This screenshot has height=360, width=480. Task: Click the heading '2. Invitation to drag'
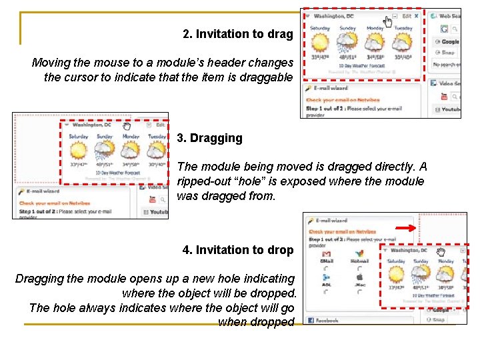pos(237,34)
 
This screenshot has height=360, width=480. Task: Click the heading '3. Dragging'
pos(209,138)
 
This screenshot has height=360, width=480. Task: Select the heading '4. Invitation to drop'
pos(237,250)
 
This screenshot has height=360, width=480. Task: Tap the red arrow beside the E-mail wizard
pos(406,227)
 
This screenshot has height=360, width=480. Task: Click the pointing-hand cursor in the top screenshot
pos(388,22)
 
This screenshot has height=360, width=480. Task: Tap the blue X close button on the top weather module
pos(417,16)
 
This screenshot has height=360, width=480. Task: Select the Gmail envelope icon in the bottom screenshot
pos(327,254)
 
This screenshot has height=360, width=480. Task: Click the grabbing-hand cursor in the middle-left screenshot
pos(127,125)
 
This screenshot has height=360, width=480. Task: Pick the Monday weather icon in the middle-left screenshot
pos(131,149)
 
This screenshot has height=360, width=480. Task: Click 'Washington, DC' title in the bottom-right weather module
pos(409,251)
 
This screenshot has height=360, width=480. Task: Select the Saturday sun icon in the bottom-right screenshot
pos(395,274)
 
